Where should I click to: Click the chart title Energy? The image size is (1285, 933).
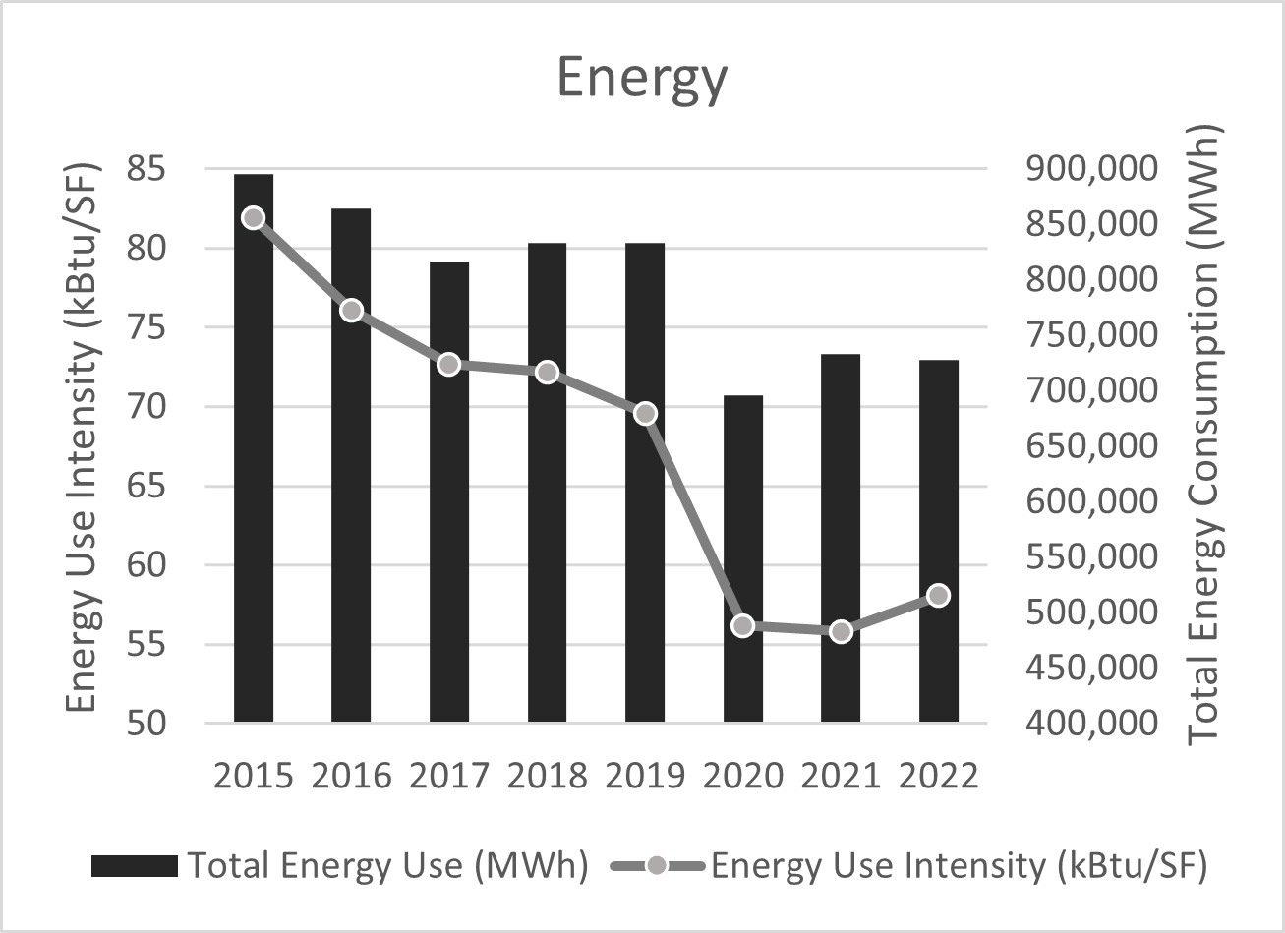tap(642, 79)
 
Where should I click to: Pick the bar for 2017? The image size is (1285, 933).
tap(449, 492)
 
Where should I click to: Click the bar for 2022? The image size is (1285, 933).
tap(939, 541)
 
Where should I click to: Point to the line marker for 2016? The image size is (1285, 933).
tap(351, 311)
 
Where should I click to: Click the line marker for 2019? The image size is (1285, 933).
tap(645, 413)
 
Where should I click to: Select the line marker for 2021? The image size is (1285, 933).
tap(841, 631)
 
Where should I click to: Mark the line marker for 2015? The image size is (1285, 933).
tap(253, 217)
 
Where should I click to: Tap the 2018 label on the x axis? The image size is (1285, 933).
tap(547, 776)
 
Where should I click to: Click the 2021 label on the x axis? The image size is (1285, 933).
tap(841, 776)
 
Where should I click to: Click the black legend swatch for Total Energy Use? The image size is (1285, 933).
tap(135, 866)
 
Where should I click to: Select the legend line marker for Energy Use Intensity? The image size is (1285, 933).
tap(657, 866)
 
